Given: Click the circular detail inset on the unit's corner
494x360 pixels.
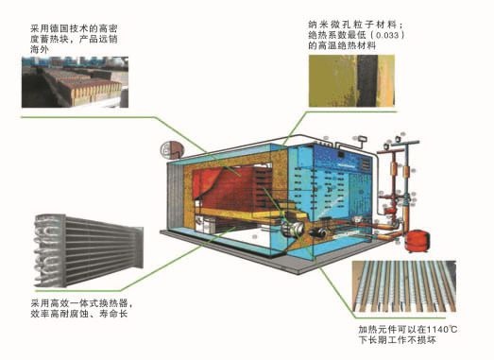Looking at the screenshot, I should click(x=170, y=148).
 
